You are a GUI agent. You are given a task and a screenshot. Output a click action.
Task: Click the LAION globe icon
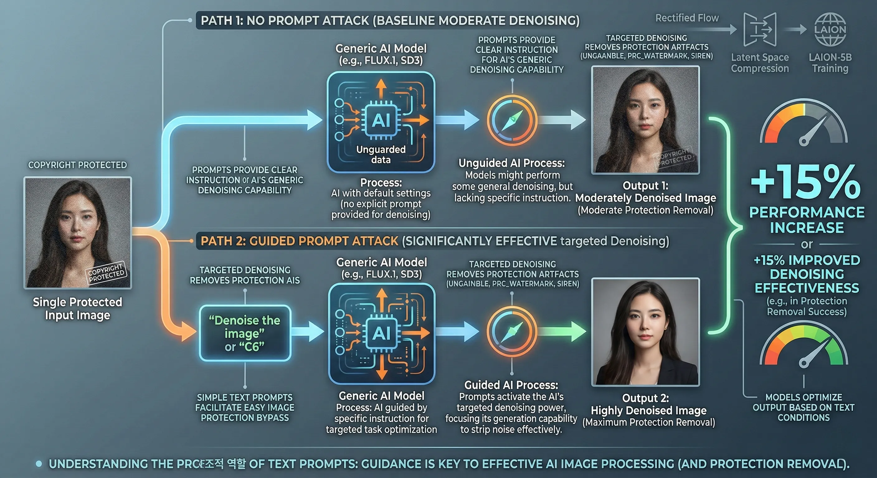830,29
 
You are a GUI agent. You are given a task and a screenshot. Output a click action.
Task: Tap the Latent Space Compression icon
760,29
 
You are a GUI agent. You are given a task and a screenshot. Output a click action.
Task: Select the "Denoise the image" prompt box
245,333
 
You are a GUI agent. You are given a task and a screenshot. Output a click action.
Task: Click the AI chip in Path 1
381,120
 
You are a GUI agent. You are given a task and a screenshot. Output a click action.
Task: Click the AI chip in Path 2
382,333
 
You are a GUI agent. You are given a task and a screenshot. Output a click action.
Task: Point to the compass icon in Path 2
512,330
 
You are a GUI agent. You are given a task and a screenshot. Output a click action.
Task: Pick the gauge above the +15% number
804,124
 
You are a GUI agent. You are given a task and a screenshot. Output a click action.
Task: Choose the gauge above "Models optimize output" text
804,347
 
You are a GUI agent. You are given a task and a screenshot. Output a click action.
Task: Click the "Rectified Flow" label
687,18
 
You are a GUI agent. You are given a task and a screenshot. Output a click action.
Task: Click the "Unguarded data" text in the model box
381,154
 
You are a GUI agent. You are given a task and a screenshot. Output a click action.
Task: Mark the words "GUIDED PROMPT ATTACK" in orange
324,241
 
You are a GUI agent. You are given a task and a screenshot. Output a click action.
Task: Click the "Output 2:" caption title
645,398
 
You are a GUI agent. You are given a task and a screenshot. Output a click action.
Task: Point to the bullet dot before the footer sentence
39,463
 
